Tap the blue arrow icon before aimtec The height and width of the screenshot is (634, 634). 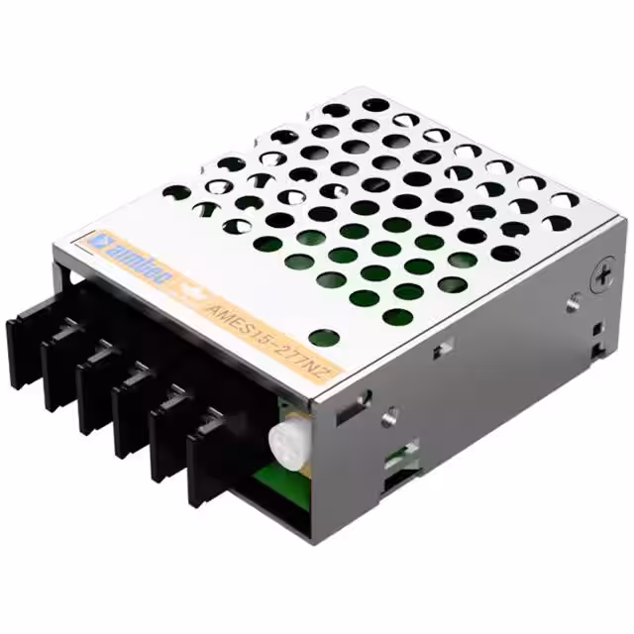[97, 241]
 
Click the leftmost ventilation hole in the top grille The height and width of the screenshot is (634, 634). [175, 192]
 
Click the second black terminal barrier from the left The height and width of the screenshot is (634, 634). [61, 356]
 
